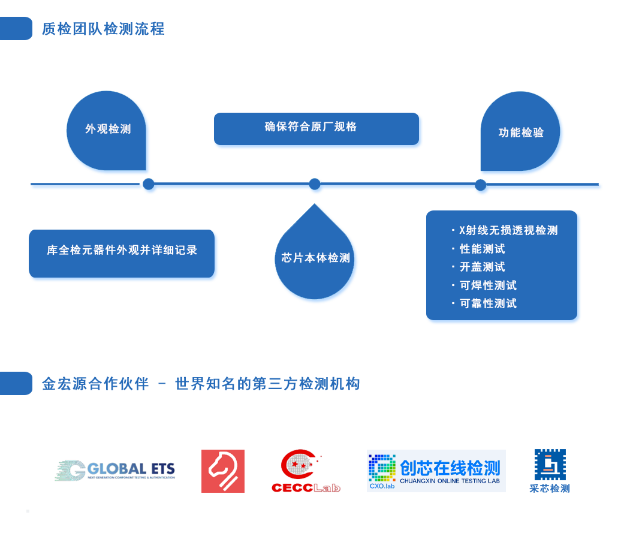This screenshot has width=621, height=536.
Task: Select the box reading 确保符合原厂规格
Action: pyautogui.click(x=316, y=128)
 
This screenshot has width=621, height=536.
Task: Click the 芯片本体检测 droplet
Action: pyautogui.click(x=315, y=258)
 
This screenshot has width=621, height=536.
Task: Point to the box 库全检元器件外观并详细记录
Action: pyautogui.click(x=122, y=251)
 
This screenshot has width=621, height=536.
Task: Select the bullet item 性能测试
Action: pyautogui.click(x=482, y=249)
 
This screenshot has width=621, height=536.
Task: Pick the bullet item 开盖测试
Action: pyautogui.click(x=482, y=267)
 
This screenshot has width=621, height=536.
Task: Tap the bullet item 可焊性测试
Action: pyautogui.click(x=488, y=286)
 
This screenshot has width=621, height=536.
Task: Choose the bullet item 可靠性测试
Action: pyautogui.click(x=488, y=304)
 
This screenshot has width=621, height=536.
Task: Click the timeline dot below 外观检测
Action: pyautogui.click(x=148, y=184)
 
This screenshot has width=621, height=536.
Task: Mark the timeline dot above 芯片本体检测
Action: pyautogui.click(x=315, y=184)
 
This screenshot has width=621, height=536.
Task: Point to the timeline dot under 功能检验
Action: pyautogui.click(x=480, y=185)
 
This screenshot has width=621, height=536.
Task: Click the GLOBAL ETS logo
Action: pyautogui.click(x=115, y=471)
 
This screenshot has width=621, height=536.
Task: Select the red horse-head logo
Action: pyautogui.click(x=222, y=471)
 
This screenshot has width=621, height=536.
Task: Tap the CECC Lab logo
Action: pyautogui.click(x=306, y=471)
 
